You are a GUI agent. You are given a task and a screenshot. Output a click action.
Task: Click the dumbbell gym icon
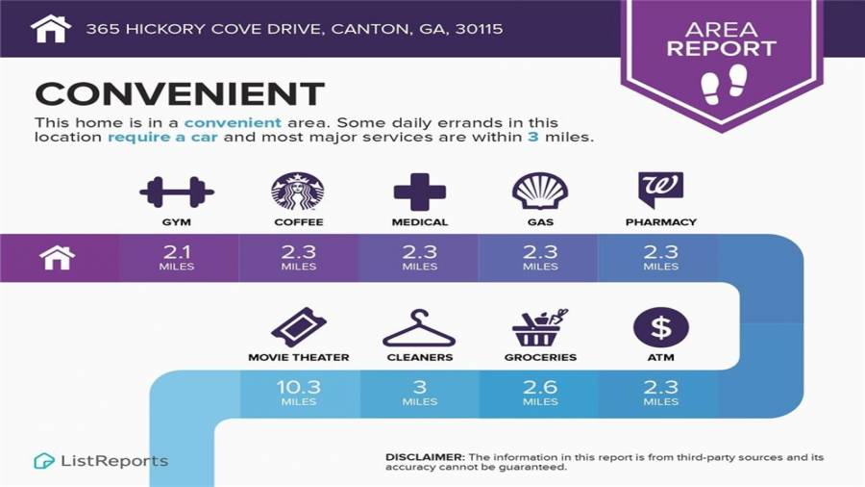[x=177, y=192]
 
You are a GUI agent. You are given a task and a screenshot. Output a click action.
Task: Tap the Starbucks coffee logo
[x=298, y=192]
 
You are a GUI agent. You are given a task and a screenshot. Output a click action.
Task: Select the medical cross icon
[x=420, y=192]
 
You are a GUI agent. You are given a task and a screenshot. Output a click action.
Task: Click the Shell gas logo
[x=539, y=192]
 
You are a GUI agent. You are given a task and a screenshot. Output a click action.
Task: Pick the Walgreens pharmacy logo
[x=660, y=190]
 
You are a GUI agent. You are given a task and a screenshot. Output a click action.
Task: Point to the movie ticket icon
[x=298, y=327]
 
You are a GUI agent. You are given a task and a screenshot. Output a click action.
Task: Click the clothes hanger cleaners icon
[x=419, y=328]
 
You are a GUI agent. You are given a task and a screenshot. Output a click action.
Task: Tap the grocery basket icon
[x=539, y=328]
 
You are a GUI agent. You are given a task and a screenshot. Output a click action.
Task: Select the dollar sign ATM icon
[x=660, y=327]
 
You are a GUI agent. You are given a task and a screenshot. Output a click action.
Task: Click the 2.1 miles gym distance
[x=177, y=257]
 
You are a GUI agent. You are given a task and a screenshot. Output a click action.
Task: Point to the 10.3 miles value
[x=298, y=392]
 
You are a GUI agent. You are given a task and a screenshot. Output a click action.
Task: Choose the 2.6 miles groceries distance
[x=539, y=392]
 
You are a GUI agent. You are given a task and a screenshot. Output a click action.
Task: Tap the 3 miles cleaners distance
[x=420, y=392]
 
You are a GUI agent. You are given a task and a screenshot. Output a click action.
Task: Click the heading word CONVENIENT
[x=180, y=93]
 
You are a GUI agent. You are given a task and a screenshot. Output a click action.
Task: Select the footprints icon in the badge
[x=724, y=85]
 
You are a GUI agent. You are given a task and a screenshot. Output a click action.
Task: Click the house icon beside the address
[x=51, y=29]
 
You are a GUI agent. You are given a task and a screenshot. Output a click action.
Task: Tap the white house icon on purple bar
[x=58, y=258]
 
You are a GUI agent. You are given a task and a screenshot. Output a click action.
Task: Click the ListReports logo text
[x=113, y=461]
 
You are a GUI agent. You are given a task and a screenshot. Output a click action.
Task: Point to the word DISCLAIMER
[x=425, y=456]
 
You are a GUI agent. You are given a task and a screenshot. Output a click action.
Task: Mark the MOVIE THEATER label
[x=298, y=357]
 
